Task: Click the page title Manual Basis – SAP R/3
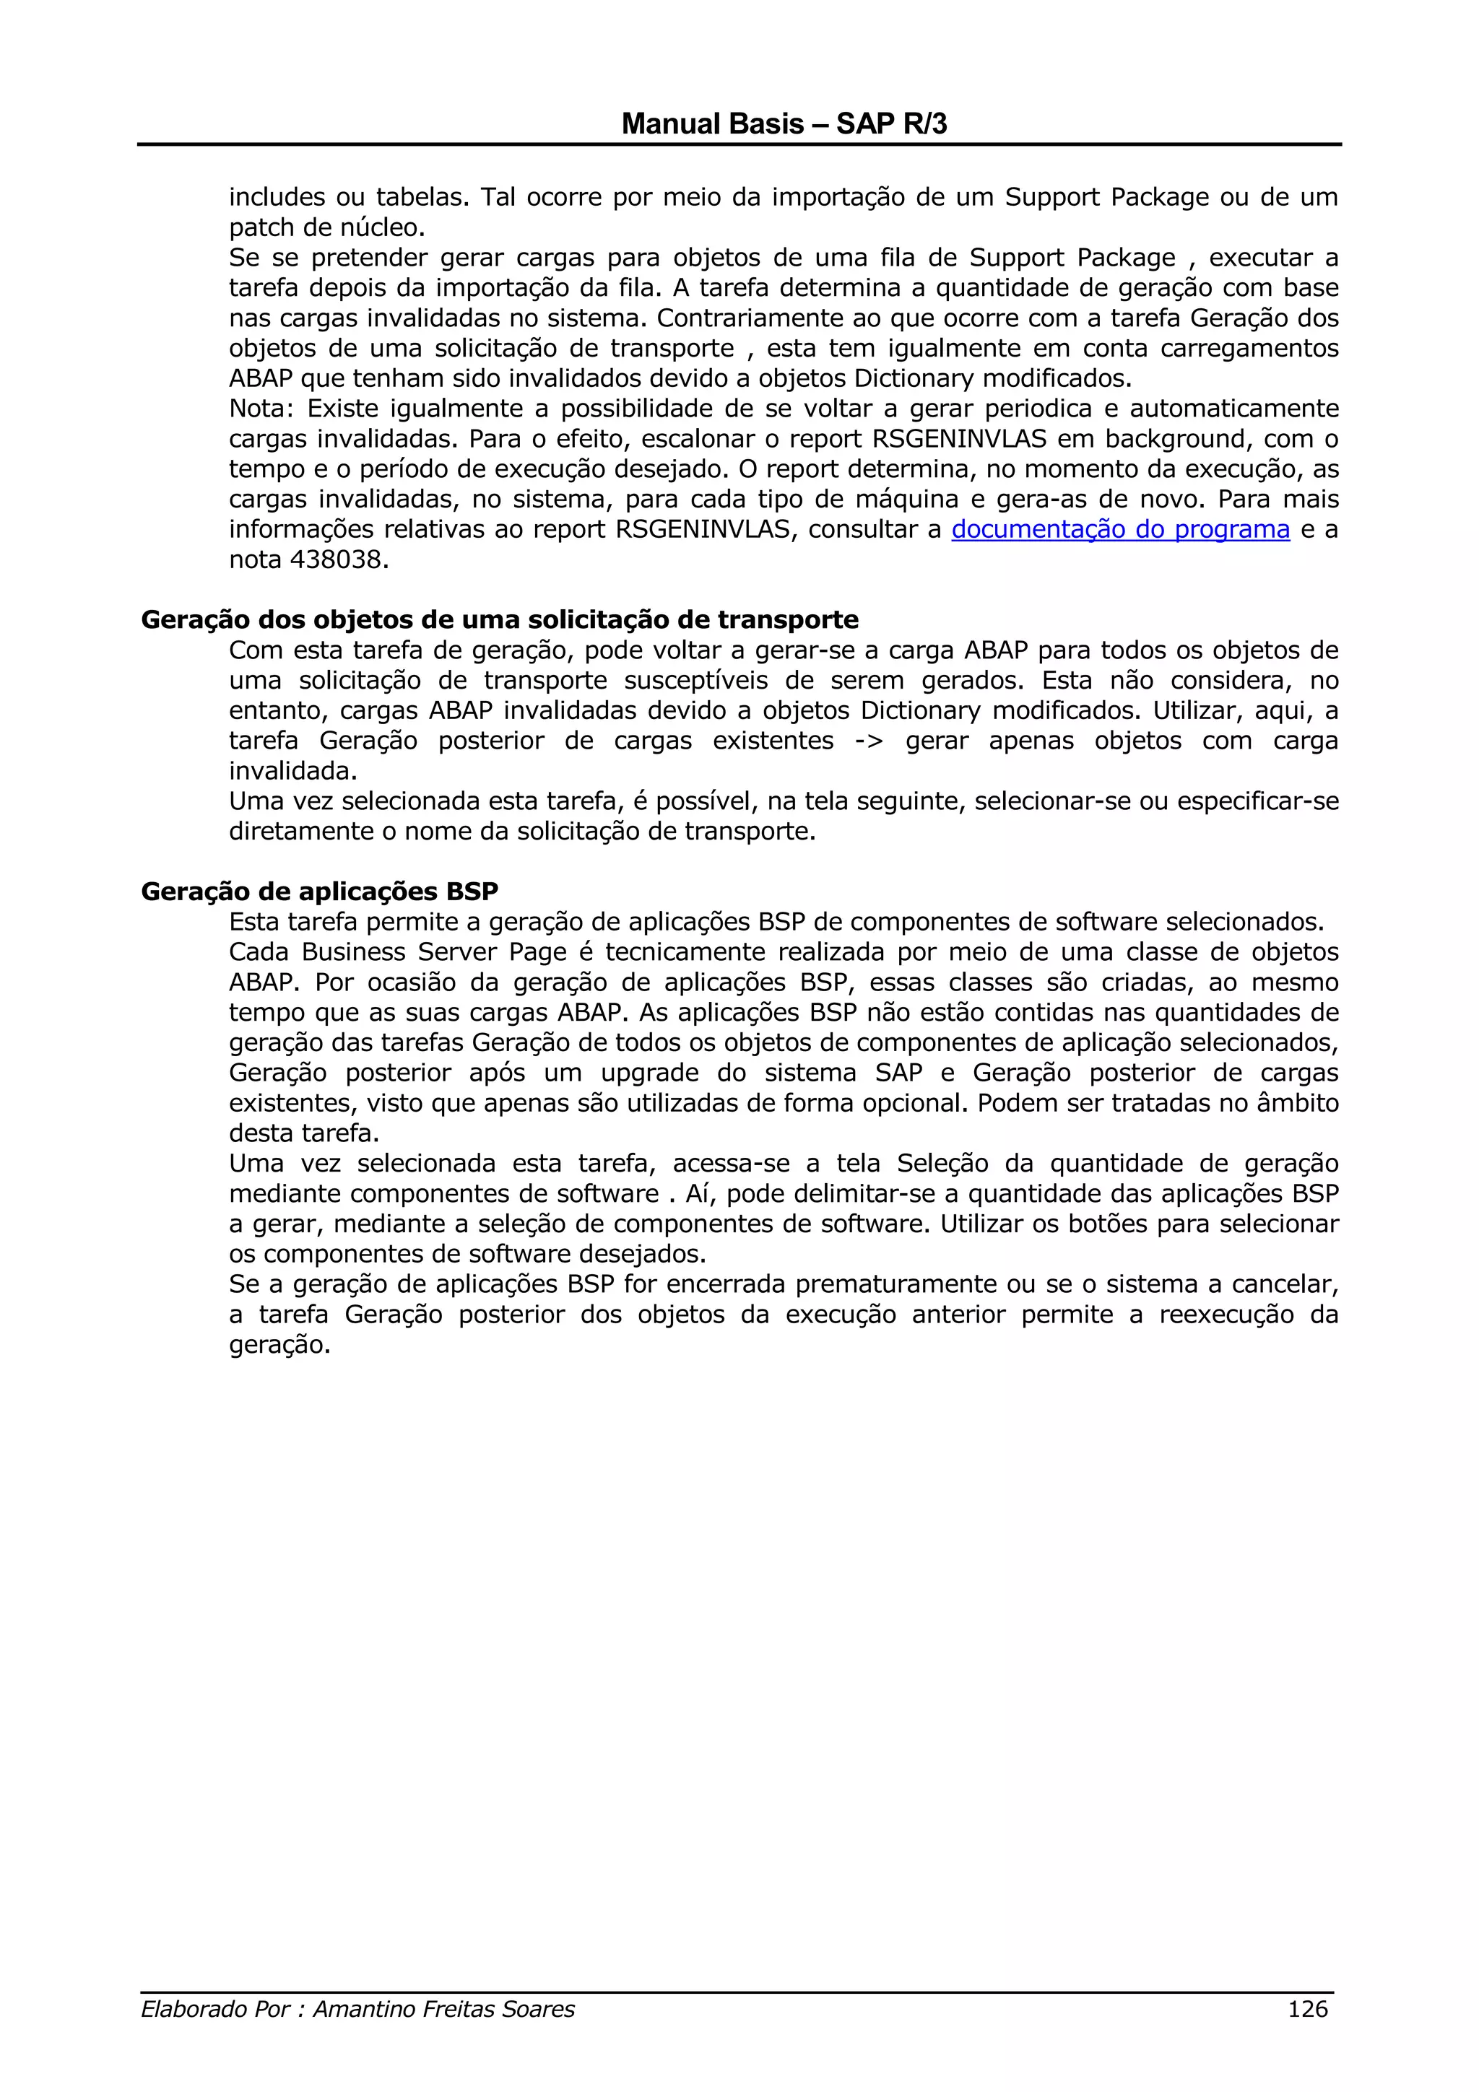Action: tap(784, 124)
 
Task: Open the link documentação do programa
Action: tap(1120, 529)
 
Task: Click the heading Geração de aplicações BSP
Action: tap(319, 891)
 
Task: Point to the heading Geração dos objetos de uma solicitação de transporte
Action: tap(499, 619)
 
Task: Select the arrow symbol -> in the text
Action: tap(869, 741)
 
